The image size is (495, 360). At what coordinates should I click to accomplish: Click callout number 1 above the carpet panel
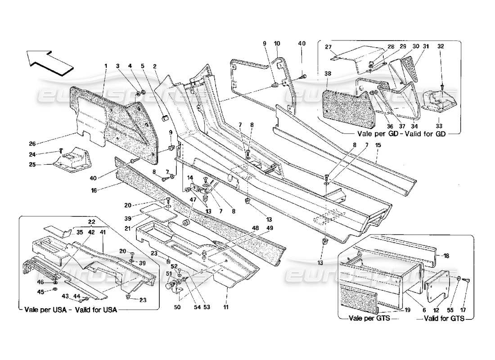coord(106,66)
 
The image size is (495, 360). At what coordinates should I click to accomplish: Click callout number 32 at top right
coord(441,46)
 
